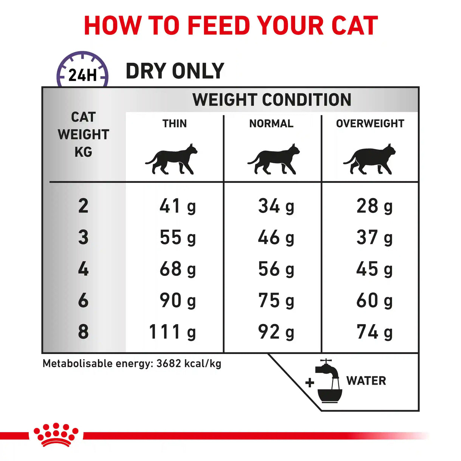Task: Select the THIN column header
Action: [175, 124]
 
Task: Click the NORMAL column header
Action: [271, 124]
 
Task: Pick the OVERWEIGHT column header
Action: [370, 124]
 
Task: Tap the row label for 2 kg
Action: [83, 206]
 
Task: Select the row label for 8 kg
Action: [83, 332]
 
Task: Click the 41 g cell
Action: [178, 206]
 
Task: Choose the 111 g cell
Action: [172, 332]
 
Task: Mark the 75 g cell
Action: [276, 301]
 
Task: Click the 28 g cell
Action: [374, 206]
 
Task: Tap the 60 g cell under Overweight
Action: [374, 301]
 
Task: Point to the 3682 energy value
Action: [169, 364]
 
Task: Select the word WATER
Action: [366, 381]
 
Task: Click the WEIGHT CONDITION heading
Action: [272, 100]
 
